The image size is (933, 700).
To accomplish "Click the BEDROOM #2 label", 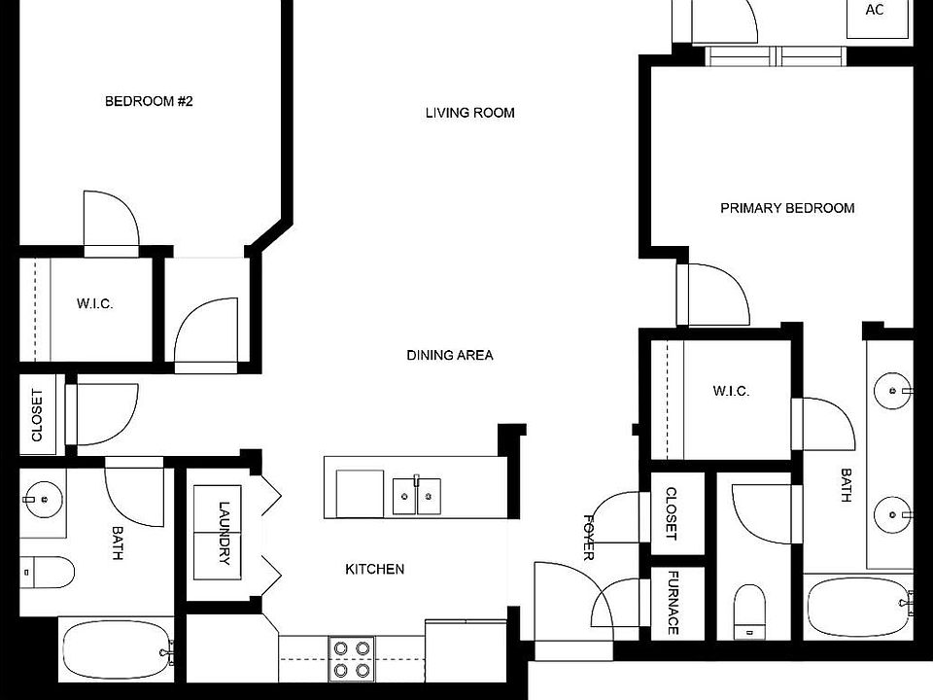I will tap(149, 101).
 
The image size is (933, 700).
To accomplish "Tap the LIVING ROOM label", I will tap(469, 113).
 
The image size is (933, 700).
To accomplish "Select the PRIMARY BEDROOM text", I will tap(787, 208).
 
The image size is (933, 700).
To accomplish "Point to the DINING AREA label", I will tap(449, 355).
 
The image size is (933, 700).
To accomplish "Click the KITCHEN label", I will tap(374, 569).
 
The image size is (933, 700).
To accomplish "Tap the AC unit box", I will tap(875, 12).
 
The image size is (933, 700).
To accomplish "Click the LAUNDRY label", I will tap(225, 533).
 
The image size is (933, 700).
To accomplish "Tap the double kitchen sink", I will tap(416, 495).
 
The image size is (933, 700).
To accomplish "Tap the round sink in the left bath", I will tap(42, 501).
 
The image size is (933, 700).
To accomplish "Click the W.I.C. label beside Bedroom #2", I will tap(94, 304).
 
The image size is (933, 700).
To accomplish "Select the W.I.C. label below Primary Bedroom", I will tap(731, 391).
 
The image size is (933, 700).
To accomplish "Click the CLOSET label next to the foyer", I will tap(671, 515).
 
